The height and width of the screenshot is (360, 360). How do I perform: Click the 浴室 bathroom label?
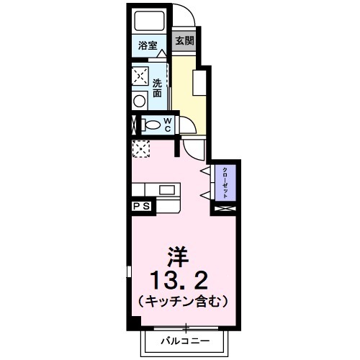tap(148, 45)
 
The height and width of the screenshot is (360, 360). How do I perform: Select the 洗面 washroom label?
tap(157, 88)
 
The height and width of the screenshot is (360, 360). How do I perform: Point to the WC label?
tap(166, 125)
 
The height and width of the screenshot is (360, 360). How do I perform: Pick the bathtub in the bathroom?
tap(150, 22)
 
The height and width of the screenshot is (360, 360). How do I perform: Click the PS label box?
tap(141, 206)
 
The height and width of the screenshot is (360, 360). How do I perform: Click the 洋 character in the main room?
tap(178, 255)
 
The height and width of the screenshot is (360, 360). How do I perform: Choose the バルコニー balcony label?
tap(185, 339)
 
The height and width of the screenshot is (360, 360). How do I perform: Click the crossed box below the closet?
tap(224, 209)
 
